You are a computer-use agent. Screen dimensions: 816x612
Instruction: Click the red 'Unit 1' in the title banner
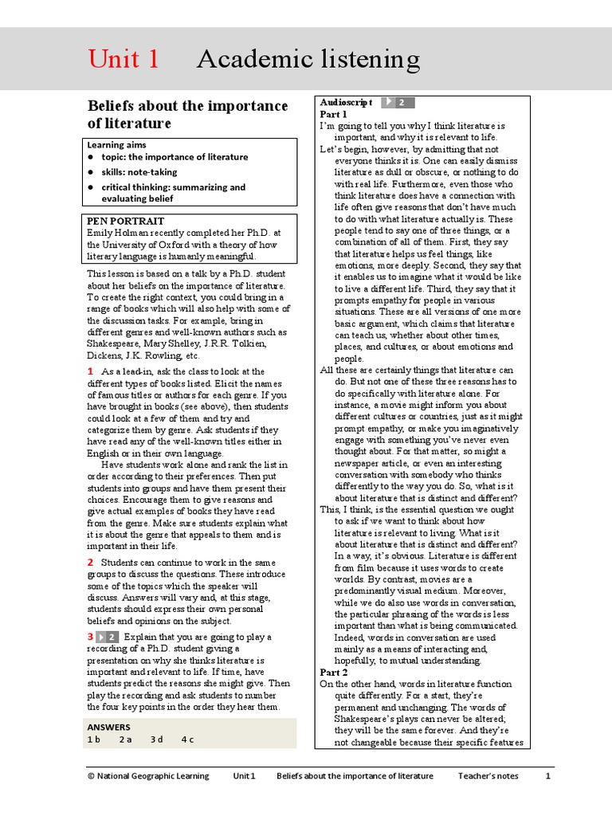click(x=124, y=59)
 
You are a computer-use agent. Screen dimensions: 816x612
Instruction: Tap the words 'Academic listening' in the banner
click(x=308, y=59)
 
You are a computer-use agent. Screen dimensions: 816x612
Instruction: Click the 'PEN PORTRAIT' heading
click(x=125, y=221)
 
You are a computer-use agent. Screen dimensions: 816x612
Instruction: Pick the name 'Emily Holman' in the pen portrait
click(x=117, y=233)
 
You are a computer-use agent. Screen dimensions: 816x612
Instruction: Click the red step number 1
click(x=91, y=371)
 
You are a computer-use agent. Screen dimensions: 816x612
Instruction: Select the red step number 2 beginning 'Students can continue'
click(x=91, y=563)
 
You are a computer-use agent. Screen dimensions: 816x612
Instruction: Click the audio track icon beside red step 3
click(x=108, y=637)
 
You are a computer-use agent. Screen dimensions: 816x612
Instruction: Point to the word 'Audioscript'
click(x=347, y=103)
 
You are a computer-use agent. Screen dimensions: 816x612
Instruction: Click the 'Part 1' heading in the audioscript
click(x=334, y=115)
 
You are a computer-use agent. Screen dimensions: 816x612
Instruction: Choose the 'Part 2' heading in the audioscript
click(x=334, y=673)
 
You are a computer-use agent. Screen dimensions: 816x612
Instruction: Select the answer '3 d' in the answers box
click(x=156, y=739)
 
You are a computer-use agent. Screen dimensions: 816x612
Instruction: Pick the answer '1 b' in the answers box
click(x=94, y=739)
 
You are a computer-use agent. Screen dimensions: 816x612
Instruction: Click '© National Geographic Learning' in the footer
click(x=148, y=776)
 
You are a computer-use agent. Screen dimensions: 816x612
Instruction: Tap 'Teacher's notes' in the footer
click(x=488, y=776)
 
